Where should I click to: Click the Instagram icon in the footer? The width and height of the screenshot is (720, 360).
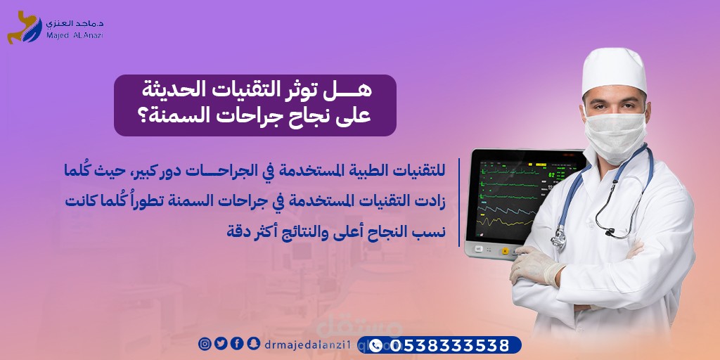click(x=205, y=343)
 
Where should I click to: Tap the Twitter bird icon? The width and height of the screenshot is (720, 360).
click(x=220, y=343)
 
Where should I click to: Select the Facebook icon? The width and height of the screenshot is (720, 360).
click(x=236, y=343)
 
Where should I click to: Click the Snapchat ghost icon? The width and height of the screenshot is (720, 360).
click(x=252, y=343)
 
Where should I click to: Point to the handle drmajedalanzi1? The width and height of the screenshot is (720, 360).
click(x=311, y=344)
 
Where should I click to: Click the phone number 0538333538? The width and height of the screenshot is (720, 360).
click(x=451, y=345)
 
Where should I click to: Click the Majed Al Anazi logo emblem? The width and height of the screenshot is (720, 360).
click(x=25, y=27)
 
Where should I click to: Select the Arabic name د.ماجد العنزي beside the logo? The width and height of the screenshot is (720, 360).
click(x=75, y=22)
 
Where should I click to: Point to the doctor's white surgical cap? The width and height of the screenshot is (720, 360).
click(x=614, y=70)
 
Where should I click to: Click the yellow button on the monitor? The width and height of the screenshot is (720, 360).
click(x=506, y=251)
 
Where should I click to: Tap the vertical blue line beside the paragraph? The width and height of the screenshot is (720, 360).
click(x=459, y=202)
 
